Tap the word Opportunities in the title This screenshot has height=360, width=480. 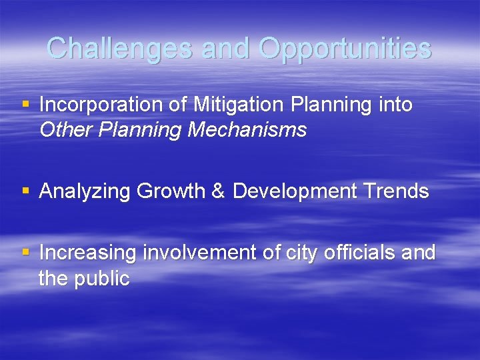coord(345,48)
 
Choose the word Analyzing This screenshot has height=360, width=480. coord(85,192)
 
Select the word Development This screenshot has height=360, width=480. coord(295,192)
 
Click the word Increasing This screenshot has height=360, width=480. coord(88,253)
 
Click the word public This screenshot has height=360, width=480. coord(101,279)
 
